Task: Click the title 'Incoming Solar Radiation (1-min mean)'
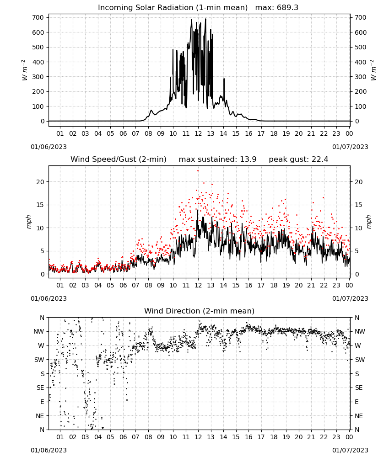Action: pyautogui.click(x=173, y=8)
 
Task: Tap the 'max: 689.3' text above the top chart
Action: pyautogui.click(x=277, y=8)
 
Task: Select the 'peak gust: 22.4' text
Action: pyautogui.click(x=298, y=159)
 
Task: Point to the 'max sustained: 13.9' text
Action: pyautogui.click(x=217, y=159)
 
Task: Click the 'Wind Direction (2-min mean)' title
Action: pyautogui.click(x=200, y=311)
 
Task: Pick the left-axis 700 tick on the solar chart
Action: pyautogui.click(x=38, y=17)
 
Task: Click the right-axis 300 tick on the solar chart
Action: pyautogui.click(x=361, y=77)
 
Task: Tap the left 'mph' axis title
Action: pyautogui.click(x=28, y=222)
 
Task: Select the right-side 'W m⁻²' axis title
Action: pyautogui.click(x=373, y=70)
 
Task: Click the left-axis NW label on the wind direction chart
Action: pyautogui.click(x=39, y=332)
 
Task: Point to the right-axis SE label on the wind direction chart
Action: pyautogui.click(x=359, y=388)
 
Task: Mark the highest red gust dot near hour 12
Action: pyautogui.click(x=198, y=171)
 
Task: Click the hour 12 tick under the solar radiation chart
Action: pyautogui.click(x=199, y=133)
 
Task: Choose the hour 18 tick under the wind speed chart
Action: pyautogui.click(x=274, y=285)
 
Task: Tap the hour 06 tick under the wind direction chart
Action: pyautogui.click(x=123, y=437)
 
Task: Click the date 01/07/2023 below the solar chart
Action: pyautogui.click(x=350, y=147)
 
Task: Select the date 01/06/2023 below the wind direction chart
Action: pyautogui.click(x=49, y=450)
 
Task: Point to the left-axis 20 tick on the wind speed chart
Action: pyautogui.click(x=40, y=182)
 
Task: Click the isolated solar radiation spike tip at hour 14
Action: pyautogui.click(x=224, y=79)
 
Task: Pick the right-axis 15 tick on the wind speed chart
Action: pyautogui.click(x=359, y=205)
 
